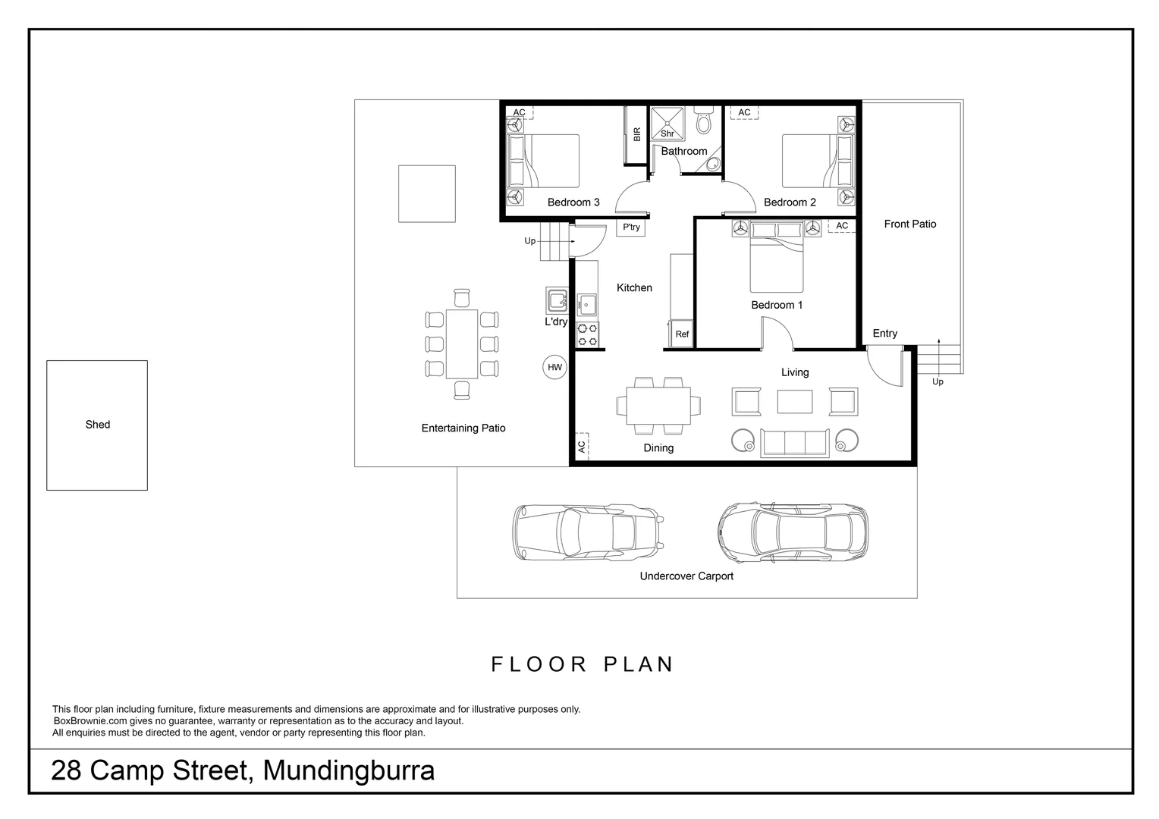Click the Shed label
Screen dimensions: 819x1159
97,425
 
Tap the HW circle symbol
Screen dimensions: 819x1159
554,368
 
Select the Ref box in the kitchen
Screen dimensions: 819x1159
682,334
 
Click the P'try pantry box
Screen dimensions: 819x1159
631,227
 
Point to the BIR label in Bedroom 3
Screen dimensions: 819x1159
636,134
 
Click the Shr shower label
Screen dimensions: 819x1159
667,133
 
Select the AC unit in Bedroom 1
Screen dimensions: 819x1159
841,226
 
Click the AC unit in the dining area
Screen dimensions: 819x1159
582,447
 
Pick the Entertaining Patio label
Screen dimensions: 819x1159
463,428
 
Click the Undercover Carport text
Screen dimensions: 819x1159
686,576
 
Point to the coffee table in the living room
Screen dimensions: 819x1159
794,401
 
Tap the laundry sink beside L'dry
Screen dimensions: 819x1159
558,300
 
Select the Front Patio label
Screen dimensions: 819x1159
909,224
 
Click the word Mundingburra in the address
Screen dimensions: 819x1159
348,770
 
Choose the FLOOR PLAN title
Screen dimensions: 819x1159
583,665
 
